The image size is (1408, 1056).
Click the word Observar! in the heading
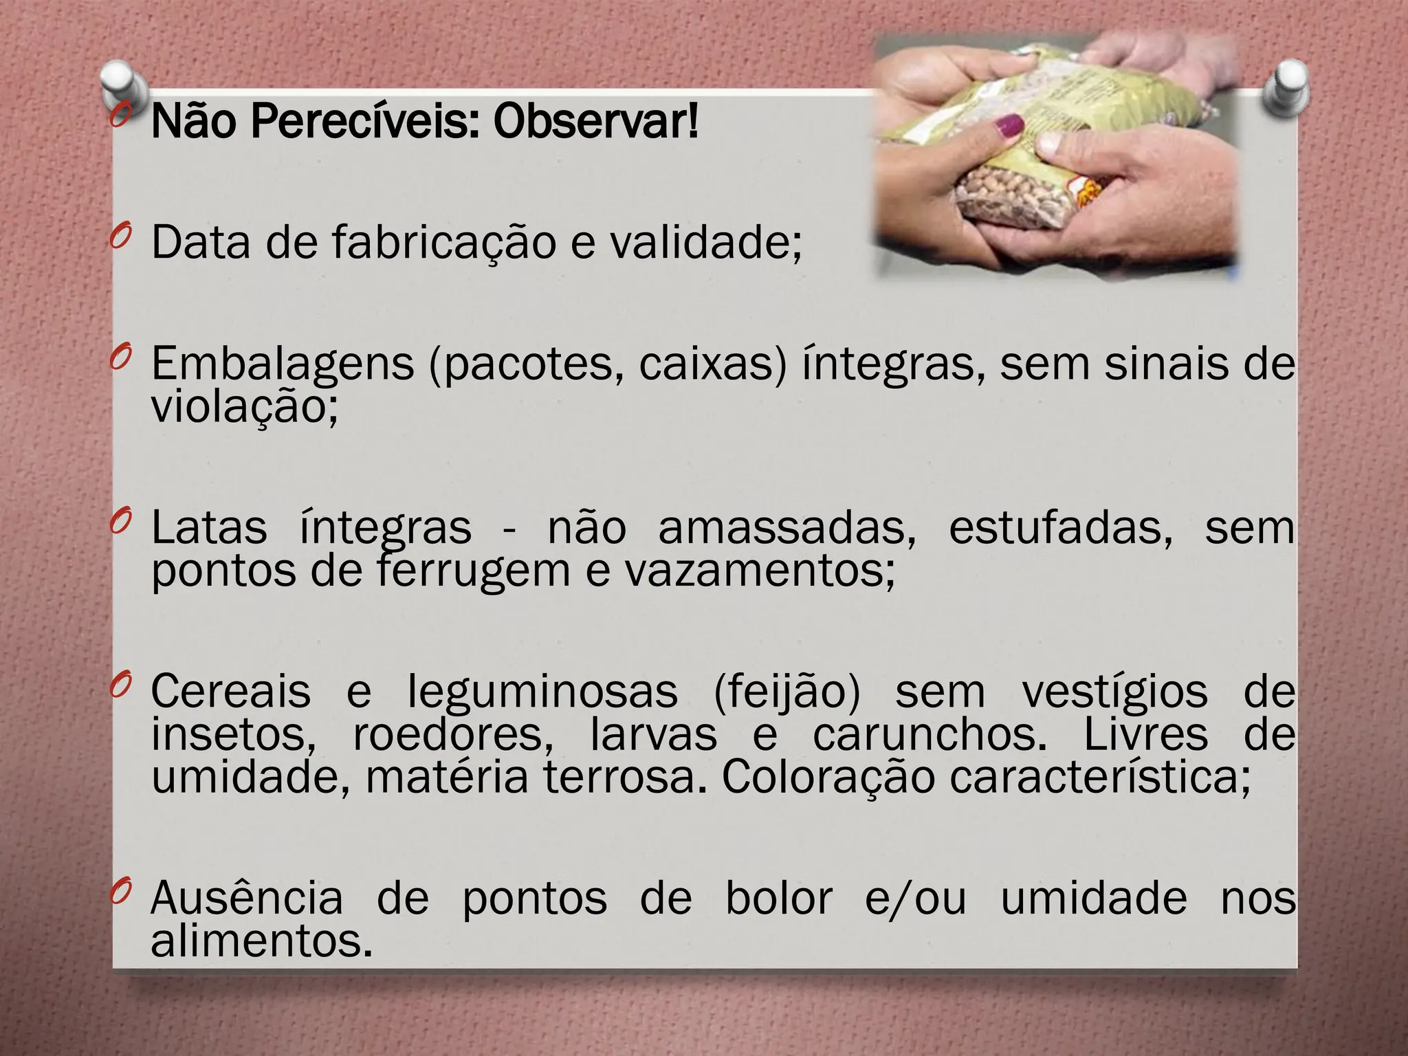(595, 122)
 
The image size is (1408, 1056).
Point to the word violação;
(245, 407)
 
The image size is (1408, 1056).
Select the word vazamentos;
(760, 571)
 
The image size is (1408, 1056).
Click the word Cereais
(230, 692)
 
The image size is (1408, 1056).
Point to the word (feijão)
(786, 692)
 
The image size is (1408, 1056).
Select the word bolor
(779, 898)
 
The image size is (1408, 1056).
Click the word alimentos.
(262, 940)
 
